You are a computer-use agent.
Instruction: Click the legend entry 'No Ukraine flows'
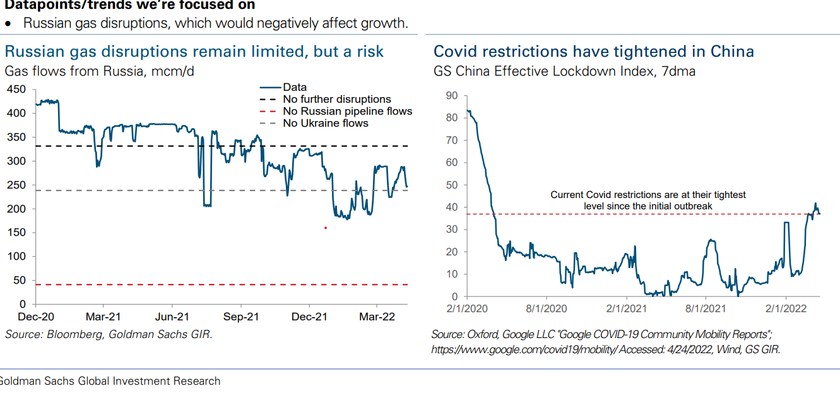[x=325, y=123]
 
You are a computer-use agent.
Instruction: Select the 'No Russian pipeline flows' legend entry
[x=347, y=111]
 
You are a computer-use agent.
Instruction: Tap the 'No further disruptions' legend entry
[x=336, y=99]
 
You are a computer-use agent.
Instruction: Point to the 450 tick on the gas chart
[x=17, y=90]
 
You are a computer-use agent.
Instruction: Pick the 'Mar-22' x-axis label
[x=377, y=317]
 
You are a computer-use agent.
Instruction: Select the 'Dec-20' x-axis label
[x=36, y=317]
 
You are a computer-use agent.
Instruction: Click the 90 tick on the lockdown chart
[x=452, y=96]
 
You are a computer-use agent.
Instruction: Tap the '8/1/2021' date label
[x=707, y=309]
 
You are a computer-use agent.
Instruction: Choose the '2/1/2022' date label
[x=785, y=309]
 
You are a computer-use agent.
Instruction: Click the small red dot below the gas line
[x=326, y=228]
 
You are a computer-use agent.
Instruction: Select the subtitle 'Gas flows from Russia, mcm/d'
[x=100, y=71]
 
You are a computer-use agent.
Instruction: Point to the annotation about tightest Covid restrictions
[x=648, y=200]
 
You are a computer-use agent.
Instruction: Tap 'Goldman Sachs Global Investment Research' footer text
[x=109, y=381]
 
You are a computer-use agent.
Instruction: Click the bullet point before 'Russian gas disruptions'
[x=8, y=23]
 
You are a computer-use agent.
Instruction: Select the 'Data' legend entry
[x=294, y=87]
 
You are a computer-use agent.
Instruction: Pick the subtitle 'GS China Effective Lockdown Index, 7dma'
[x=564, y=71]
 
